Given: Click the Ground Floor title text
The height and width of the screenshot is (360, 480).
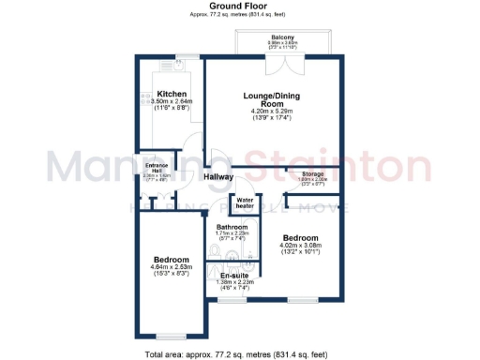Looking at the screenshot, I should coord(239,6).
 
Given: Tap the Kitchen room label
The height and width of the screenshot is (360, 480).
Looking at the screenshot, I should coord(172,95).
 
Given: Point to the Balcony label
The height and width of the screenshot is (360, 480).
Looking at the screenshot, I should coord(283,37).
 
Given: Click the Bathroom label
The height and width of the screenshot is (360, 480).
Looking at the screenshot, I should coord(232,227).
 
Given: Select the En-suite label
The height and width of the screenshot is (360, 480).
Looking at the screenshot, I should coord(233,275).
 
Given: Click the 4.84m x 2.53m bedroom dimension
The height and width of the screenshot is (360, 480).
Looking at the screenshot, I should coord(172,268).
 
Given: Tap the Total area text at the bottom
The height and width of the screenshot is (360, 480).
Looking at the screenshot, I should coord(239,353).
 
